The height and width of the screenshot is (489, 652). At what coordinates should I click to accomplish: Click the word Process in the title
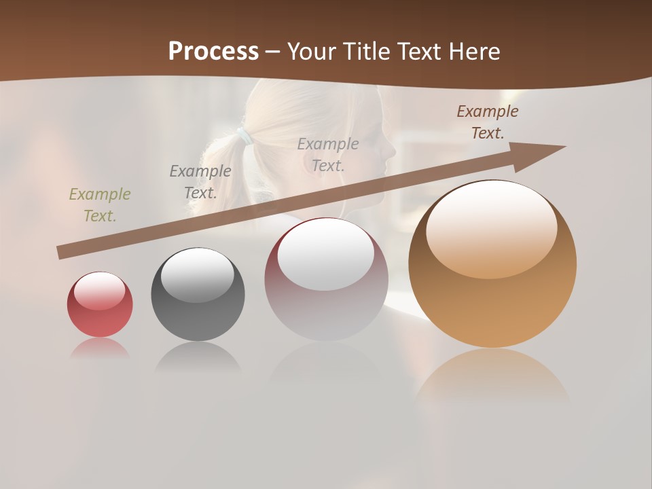coord(213,52)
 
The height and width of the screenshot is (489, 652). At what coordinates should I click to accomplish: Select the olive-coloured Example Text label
coord(100,204)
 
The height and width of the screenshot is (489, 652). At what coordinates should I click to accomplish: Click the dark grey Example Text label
coord(200,181)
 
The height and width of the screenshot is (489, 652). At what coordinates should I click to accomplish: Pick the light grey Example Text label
coord(328,154)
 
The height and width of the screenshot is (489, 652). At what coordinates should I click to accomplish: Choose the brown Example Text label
coord(488,122)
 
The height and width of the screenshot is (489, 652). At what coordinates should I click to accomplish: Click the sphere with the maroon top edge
coord(326,306)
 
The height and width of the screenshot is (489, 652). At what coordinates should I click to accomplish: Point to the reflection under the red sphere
coord(100,348)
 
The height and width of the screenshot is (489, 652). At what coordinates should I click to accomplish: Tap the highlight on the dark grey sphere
coord(197,275)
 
